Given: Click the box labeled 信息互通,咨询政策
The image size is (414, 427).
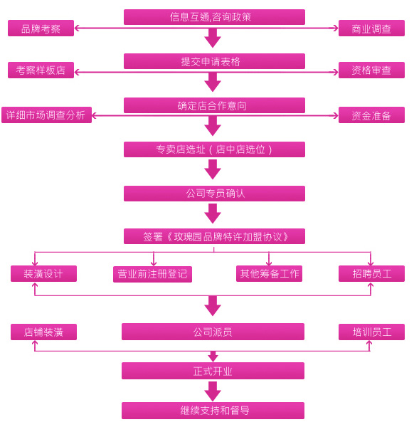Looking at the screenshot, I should [x=214, y=17].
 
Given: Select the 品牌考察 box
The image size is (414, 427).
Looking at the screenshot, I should [x=41, y=28].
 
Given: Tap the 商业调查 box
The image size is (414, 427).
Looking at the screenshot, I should [x=371, y=28].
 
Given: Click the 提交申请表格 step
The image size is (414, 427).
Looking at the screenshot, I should [x=214, y=61].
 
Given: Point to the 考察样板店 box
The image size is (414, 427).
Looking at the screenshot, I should [x=41, y=70].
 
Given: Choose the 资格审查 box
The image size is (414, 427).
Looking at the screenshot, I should [x=371, y=70].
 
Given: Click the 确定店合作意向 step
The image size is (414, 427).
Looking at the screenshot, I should [x=214, y=105].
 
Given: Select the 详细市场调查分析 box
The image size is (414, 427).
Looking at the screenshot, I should [x=46, y=115].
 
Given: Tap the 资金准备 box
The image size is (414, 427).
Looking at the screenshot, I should [x=371, y=115].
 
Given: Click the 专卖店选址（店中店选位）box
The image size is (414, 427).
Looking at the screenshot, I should [x=214, y=149].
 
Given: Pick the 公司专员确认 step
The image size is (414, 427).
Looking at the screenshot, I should [x=214, y=194].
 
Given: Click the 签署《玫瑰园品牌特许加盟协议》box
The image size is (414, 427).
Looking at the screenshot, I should [x=214, y=236].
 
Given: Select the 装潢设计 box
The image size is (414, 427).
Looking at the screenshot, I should [x=43, y=274].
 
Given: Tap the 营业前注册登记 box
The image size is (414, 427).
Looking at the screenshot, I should [x=152, y=274].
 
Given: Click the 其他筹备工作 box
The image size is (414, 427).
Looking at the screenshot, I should [x=269, y=274].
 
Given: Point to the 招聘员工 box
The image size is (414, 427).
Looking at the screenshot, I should [x=371, y=274].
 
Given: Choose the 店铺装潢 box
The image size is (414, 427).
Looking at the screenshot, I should [x=43, y=332].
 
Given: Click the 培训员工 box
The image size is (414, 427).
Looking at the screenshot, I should [x=371, y=332].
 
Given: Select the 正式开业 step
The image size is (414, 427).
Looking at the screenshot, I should [x=213, y=371].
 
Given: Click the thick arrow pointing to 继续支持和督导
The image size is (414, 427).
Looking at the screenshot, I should [x=213, y=391].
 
